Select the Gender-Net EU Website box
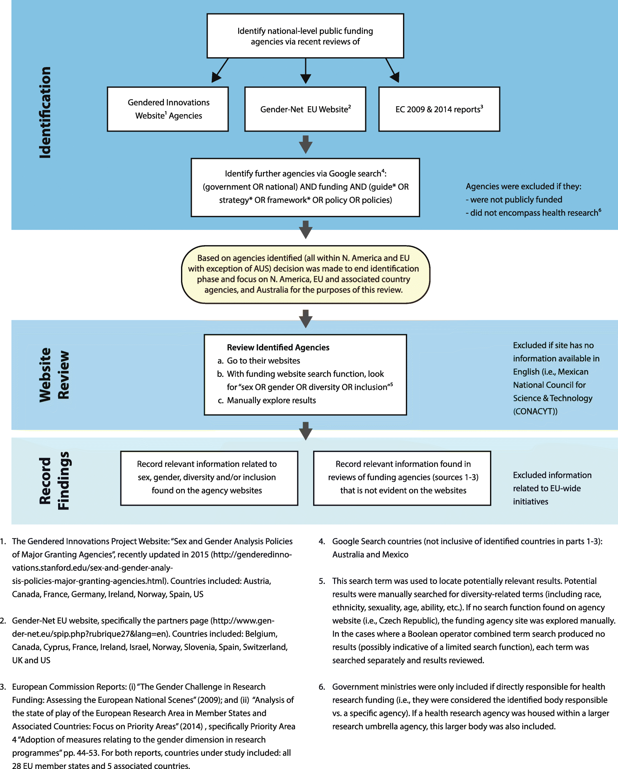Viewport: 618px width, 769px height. (x=305, y=109)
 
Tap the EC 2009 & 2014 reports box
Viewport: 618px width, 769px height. (x=439, y=109)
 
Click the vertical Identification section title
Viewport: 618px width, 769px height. (x=45, y=112)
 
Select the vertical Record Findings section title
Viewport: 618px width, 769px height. (x=54, y=480)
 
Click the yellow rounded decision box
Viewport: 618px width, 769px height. (x=306, y=274)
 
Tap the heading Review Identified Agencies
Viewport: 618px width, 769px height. (x=278, y=347)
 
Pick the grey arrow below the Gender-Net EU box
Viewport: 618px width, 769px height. (x=306, y=144)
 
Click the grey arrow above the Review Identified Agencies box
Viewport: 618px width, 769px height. (x=306, y=319)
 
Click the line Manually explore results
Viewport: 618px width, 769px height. (x=271, y=400)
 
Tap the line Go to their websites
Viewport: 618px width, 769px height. (x=263, y=360)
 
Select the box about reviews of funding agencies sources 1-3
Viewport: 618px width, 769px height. (x=402, y=478)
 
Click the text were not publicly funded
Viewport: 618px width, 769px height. (x=516, y=199)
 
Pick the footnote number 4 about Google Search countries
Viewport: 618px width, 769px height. (x=321, y=541)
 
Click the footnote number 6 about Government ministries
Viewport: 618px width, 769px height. (x=321, y=687)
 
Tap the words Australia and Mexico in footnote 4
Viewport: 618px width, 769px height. (x=370, y=555)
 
